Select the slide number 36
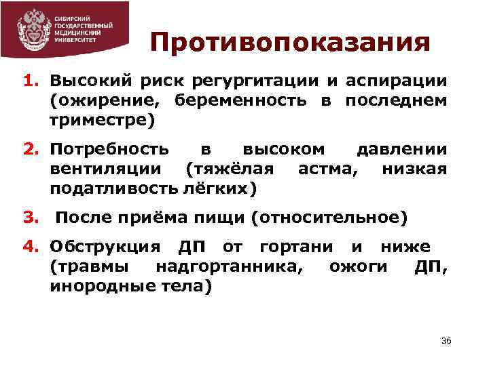446,340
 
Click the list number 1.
31,81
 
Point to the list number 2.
31,149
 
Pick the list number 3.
31,218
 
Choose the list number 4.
31,247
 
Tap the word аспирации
397,81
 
